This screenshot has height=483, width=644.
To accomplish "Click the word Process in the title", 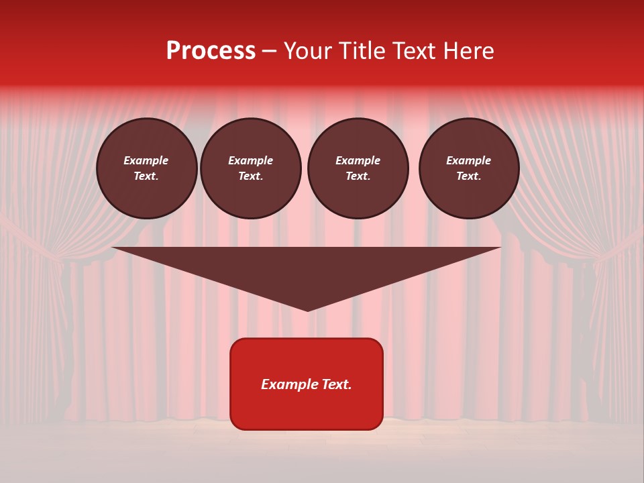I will point(211,51).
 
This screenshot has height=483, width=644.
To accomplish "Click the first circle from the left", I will point(146,168).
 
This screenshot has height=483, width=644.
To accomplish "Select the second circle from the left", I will point(251,168).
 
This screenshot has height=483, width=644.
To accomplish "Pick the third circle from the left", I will point(358,168).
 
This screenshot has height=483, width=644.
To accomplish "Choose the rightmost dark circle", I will point(469,168).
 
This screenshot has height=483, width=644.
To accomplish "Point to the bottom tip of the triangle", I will point(307,310).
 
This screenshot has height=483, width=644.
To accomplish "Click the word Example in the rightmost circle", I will point(468,160).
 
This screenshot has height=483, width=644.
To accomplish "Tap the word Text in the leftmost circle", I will point(146,176).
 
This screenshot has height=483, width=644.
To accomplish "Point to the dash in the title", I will point(269,52).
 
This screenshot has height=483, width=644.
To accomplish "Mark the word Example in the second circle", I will point(250,160).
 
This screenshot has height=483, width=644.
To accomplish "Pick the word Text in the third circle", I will point(358,176).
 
